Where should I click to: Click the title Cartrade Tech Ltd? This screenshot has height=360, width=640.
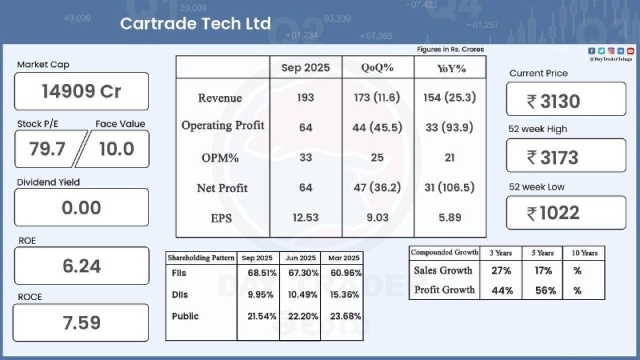[x=194, y=23]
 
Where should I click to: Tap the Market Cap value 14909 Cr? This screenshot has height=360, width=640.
[x=82, y=91]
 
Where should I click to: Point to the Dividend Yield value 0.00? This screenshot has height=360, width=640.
[x=82, y=208]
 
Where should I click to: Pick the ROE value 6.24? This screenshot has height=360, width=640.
[x=82, y=266]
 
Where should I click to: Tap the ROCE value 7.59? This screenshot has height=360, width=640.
[x=82, y=323]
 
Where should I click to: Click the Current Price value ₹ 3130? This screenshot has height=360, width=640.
[x=565, y=101]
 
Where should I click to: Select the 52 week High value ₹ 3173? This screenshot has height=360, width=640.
[x=565, y=157]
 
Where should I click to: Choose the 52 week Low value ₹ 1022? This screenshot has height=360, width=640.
[x=565, y=213]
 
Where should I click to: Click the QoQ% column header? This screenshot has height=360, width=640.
[x=377, y=68]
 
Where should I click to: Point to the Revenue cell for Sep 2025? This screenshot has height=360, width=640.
[x=306, y=98]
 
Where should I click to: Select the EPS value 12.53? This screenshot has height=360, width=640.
[x=306, y=218]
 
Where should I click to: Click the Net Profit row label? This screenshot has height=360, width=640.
[x=222, y=188]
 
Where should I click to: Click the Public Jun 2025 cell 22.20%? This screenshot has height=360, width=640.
[x=301, y=316]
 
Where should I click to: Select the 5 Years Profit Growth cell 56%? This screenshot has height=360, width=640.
[x=546, y=290]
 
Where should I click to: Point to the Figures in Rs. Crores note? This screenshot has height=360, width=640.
[x=450, y=50]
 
